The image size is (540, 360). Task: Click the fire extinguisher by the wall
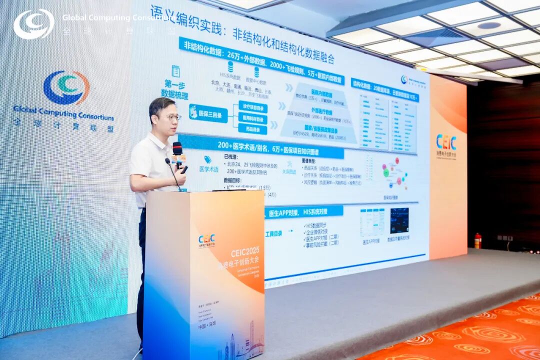pyautogui.click(x=477, y=240)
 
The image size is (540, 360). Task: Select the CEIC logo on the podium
pyautogui.click(x=206, y=239)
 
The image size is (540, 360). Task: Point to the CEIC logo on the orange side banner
pyautogui.click(x=446, y=142)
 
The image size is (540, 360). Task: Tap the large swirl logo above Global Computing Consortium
pyautogui.click(x=66, y=88)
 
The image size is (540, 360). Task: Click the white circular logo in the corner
pyautogui.click(x=33, y=24)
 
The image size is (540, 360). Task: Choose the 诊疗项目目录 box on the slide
pyautogui.click(x=252, y=107)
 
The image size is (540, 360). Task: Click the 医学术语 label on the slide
pyautogui.click(x=208, y=169)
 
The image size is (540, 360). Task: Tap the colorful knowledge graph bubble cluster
pyautogui.click(x=395, y=173)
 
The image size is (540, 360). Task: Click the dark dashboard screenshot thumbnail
pyautogui.click(x=399, y=220)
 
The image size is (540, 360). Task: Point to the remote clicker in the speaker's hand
pyautogui.click(x=183, y=169)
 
